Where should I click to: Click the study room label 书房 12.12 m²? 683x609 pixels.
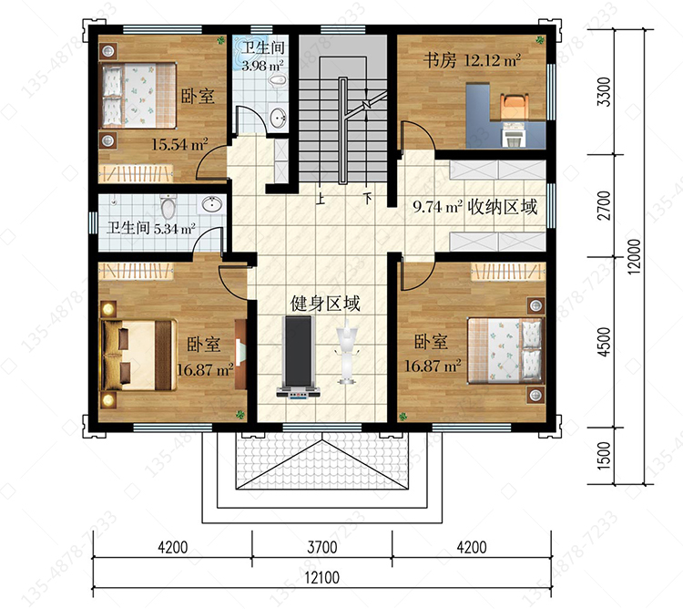[472, 60]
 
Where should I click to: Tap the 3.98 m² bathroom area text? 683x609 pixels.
[262, 66]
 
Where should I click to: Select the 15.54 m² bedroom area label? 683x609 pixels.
[179, 144]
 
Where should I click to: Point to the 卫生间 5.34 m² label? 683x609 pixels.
[151, 228]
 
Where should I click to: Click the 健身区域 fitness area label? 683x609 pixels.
[325, 304]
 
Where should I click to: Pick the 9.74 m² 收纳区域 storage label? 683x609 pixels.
[475, 207]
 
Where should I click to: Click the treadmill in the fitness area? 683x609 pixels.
[299, 356]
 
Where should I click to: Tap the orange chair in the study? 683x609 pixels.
[515, 106]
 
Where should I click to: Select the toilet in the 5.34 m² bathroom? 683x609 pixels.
[168, 206]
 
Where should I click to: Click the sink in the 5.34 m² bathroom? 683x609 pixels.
[212, 203]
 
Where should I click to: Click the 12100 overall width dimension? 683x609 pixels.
[321, 578]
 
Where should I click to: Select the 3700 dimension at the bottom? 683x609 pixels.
[322, 547]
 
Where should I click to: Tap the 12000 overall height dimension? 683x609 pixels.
[635, 257]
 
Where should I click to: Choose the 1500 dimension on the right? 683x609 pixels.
[604, 456]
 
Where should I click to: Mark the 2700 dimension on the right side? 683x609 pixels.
[604, 205]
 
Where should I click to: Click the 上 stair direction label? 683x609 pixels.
[321, 199]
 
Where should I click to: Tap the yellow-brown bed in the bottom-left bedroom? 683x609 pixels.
[138, 356]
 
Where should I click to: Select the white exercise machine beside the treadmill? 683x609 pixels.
[346, 351]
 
